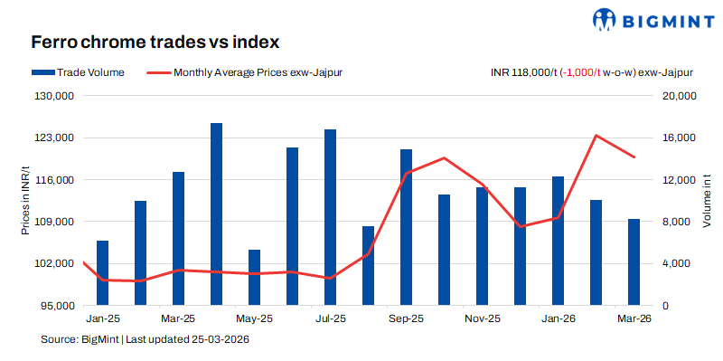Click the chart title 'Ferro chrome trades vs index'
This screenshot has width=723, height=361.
click(x=155, y=43)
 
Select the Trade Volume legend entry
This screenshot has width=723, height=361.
click(x=77, y=72)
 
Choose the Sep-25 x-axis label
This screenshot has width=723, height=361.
click(x=406, y=319)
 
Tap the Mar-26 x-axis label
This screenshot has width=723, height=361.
click(x=634, y=319)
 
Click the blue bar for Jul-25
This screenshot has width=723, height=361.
click(x=331, y=217)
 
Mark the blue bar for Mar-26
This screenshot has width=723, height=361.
click(x=634, y=262)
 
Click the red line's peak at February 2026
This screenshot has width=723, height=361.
click(x=596, y=136)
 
